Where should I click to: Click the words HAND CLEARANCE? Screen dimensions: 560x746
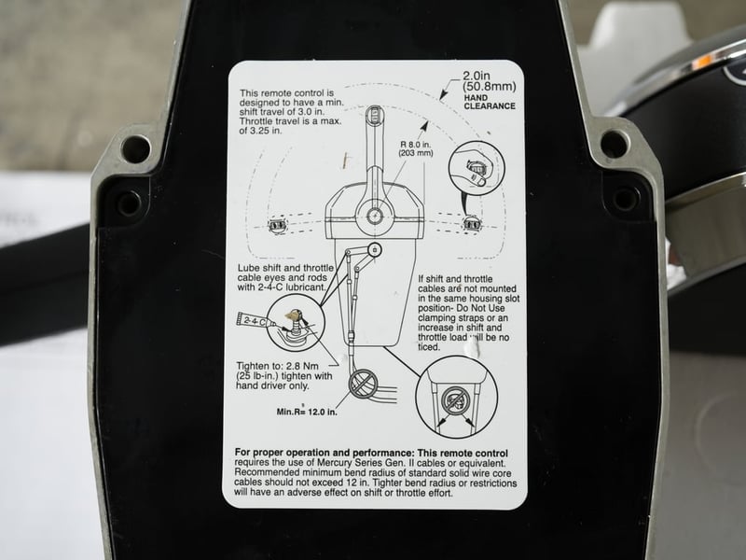click(x=490, y=102)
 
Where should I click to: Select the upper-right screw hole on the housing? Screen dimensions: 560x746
click(x=615, y=145)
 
